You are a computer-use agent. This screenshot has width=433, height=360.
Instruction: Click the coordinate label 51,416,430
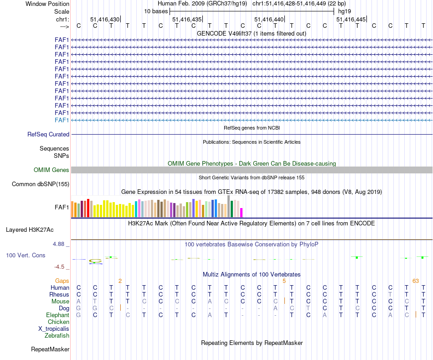pos(104,19)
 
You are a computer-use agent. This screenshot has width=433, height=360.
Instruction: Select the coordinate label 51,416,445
pos(351,19)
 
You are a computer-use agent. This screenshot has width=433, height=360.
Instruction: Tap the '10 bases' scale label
pos(156,11)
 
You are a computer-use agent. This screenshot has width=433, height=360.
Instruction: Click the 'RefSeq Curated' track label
pos(48,135)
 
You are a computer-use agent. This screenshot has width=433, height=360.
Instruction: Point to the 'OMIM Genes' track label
pos(52,170)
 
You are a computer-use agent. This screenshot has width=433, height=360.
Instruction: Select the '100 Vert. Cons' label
pos(26,256)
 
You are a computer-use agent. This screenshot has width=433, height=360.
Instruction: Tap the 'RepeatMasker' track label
pos(50,350)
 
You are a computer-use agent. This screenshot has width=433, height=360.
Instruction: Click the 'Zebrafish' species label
pos(57,336)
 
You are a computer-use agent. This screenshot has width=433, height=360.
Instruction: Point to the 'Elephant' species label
pos(57,315)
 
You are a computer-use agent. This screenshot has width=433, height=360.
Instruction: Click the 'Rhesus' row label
pos(59,295)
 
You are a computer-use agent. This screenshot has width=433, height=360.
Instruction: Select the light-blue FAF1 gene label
pos(62,120)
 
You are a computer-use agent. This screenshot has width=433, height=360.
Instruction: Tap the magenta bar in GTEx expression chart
pos(242,213)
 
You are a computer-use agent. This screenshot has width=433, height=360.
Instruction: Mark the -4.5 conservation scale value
pos(59,267)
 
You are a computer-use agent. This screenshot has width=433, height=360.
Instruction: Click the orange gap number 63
pos(415,281)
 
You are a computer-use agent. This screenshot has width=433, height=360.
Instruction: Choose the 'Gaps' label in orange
pos(62,281)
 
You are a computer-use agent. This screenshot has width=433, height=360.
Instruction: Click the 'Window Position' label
pos(47,4)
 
